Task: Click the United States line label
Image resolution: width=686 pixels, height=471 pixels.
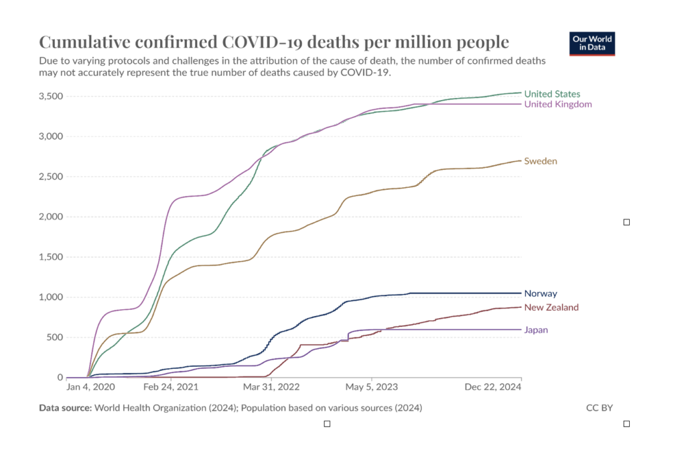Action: [x=552, y=94]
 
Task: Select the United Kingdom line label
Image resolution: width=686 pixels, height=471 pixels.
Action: [x=557, y=104]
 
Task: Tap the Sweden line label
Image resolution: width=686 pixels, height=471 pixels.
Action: [x=540, y=161]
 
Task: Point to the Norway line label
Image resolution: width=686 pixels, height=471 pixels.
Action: [x=540, y=293]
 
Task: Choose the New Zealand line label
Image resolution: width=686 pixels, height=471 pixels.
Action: [x=551, y=307]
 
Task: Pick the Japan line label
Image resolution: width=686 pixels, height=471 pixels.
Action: [x=536, y=329]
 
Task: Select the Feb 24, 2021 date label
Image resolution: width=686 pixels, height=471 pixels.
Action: [x=171, y=388]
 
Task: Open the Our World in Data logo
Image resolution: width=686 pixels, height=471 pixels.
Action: [x=592, y=43]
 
